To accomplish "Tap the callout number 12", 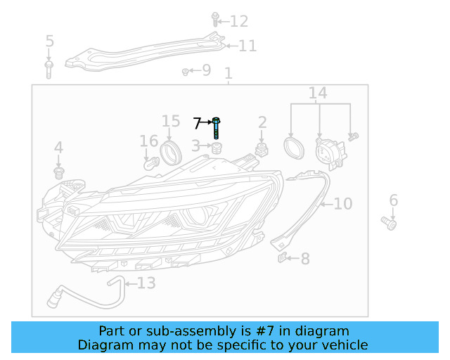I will pyautogui.click(x=239, y=21).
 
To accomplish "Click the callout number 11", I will pyautogui.click(x=247, y=46).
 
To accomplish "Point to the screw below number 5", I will pyautogui.click(x=49, y=68).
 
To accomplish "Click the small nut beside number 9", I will pyautogui.click(x=185, y=71).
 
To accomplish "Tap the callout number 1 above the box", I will pyautogui.click(x=228, y=73).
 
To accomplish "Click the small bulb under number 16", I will pyautogui.click(x=150, y=163).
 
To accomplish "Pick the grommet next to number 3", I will pyautogui.click(x=217, y=147).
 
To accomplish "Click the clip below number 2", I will pyautogui.click(x=263, y=150).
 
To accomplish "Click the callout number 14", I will pyautogui.click(x=318, y=94).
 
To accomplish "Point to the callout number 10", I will pyautogui.click(x=342, y=204).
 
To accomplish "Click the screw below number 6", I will pyautogui.click(x=390, y=223).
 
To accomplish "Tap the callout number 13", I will pyautogui.click(x=146, y=283).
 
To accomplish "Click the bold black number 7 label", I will pyautogui.click(x=198, y=124).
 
